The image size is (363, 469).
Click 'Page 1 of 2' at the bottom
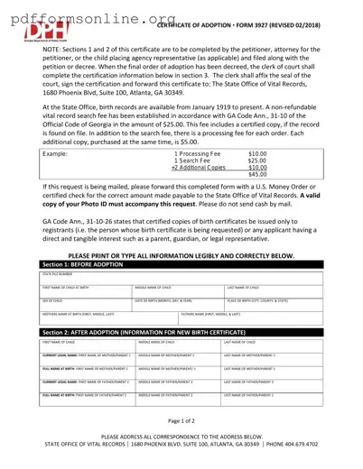pyautogui.click(x=181, y=421)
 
